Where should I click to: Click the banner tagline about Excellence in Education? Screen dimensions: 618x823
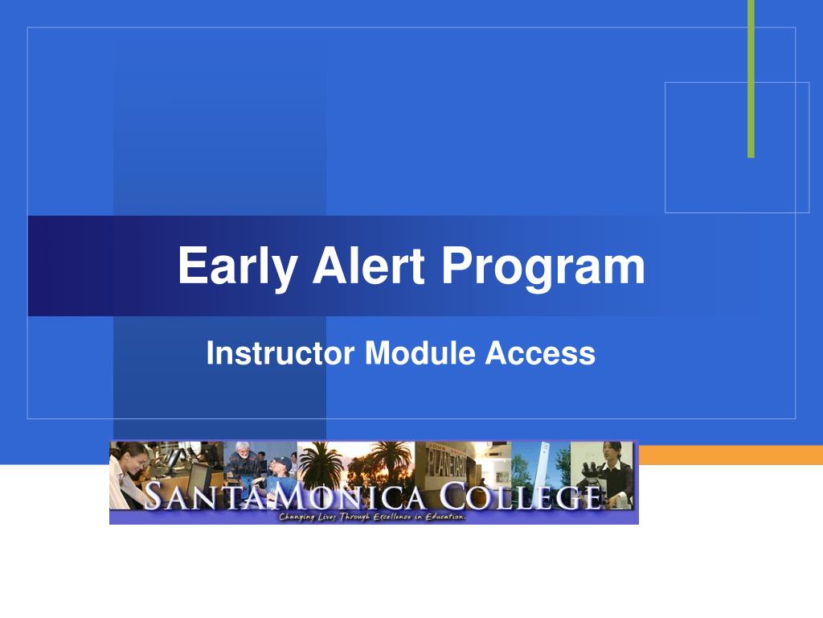coord(372,517)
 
